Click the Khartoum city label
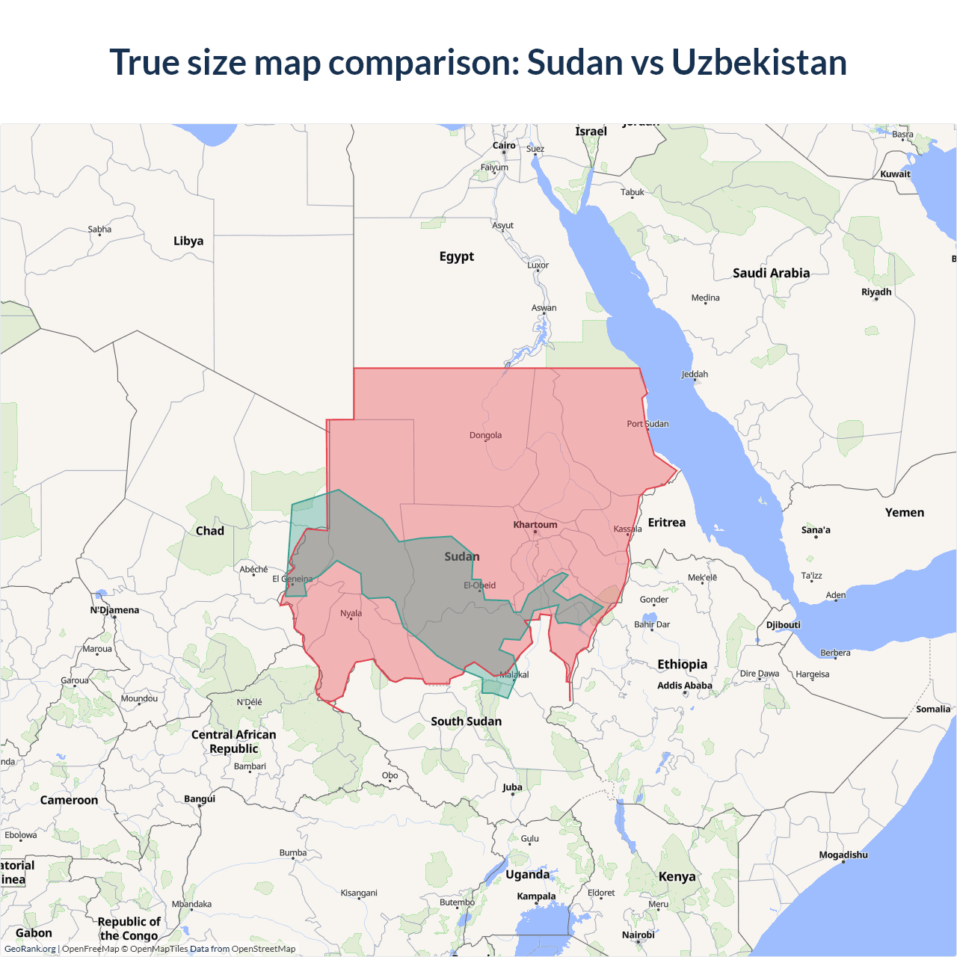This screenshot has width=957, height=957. (535, 525)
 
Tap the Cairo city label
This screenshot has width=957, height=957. (504, 146)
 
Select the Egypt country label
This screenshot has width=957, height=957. (457, 256)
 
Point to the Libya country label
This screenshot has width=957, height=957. (188, 241)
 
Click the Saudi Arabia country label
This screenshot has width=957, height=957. (771, 273)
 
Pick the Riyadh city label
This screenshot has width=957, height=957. (876, 292)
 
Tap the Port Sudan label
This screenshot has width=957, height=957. (647, 424)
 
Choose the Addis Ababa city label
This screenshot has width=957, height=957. (685, 686)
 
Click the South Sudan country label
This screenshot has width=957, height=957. (466, 721)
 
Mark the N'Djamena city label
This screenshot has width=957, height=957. (114, 610)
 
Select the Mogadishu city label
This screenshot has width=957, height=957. (843, 855)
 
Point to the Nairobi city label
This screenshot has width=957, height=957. (638, 935)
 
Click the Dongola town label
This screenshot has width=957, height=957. (485, 435)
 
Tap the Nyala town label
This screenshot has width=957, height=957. (351, 614)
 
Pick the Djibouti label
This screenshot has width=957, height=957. (783, 625)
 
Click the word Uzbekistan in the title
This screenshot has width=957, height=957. (759, 62)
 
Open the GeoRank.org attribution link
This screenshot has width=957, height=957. (30, 949)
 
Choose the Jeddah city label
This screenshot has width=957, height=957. (695, 375)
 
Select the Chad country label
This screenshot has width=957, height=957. (210, 531)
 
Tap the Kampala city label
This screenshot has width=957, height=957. (536, 896)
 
